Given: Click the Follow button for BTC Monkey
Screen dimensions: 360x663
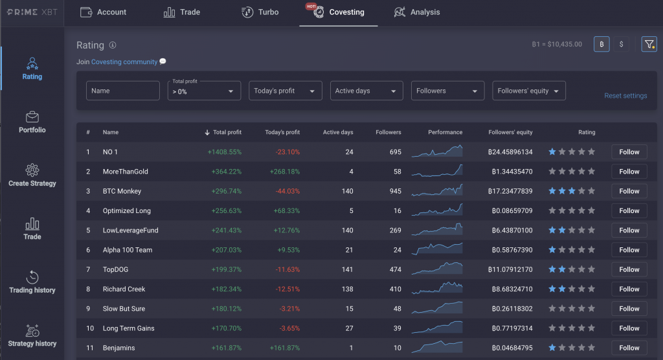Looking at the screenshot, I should point(629,191).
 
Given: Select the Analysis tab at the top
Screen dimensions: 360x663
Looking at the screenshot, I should point(417,12).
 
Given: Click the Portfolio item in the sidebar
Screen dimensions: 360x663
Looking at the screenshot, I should point(32,122).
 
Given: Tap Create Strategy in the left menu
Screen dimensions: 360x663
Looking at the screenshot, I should point(32,175).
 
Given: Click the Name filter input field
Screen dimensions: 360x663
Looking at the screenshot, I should point(123,91).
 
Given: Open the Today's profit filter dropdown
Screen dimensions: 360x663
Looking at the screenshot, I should point(285,91).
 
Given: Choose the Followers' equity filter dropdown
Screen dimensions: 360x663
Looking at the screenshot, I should point(528,91).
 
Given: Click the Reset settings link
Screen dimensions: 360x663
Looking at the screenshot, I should point(625,96).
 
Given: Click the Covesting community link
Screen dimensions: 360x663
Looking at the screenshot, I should point(124,62).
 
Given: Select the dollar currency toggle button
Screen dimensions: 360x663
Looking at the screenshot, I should point(622,44).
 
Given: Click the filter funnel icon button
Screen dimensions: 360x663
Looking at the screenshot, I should point(649,44).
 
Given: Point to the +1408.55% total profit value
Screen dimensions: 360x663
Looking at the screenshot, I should point(224,152).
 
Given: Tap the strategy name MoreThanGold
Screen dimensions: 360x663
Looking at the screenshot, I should point(126,172).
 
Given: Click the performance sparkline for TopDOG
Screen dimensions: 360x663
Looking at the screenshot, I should point(437,269).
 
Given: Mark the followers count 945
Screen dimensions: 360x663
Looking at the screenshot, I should point(392,191).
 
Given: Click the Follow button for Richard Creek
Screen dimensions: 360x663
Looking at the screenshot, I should point(629,289).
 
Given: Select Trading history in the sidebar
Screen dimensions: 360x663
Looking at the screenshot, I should point(32,282).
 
